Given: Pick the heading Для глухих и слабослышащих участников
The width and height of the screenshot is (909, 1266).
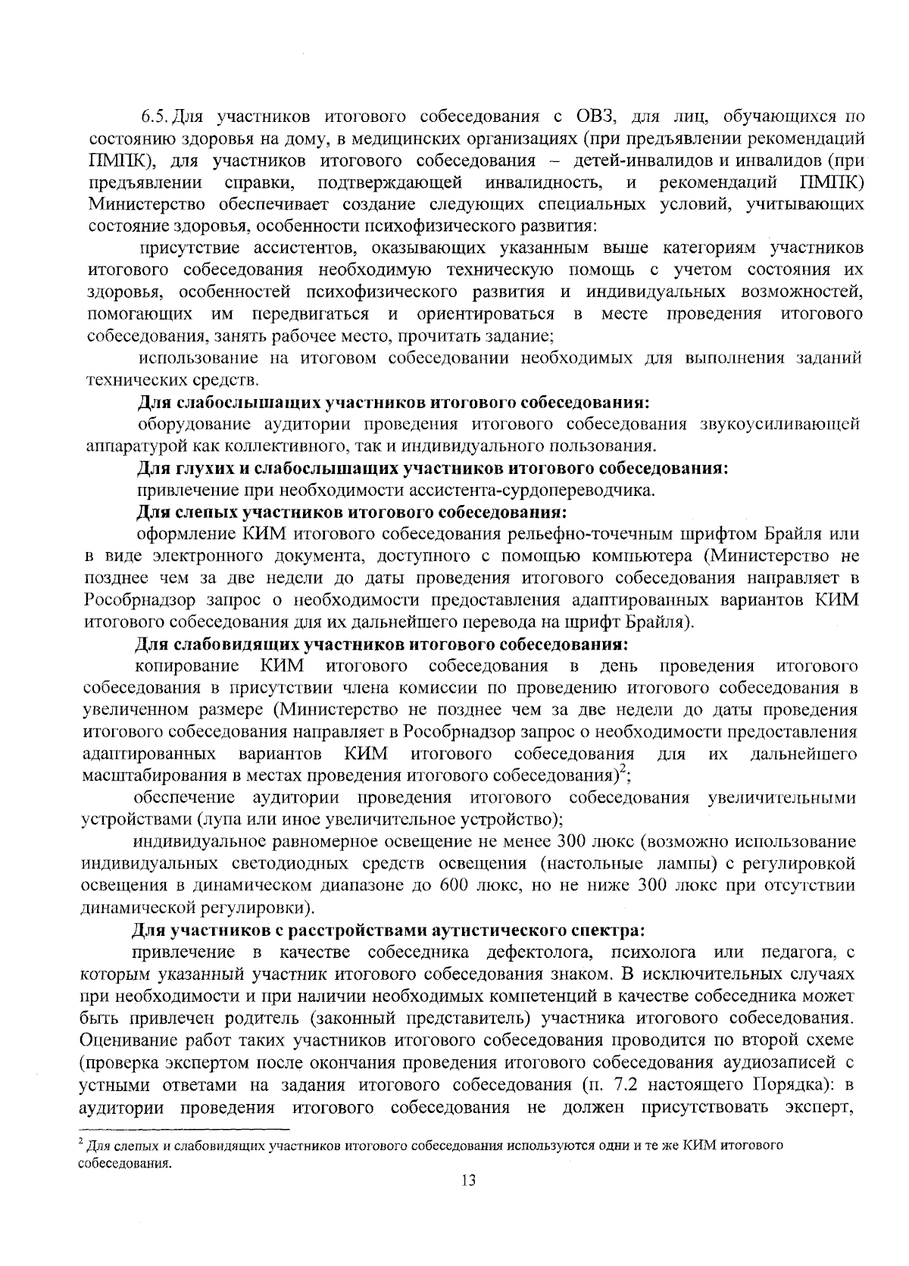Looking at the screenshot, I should tap(432, 468).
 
